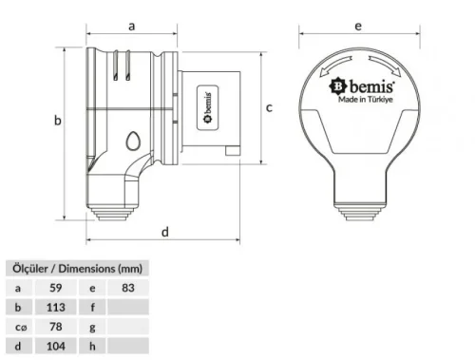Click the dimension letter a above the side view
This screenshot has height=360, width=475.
pos(131,26)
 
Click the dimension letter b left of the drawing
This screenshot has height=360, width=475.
pos(57,121)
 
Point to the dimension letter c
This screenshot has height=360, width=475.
pos(269,107)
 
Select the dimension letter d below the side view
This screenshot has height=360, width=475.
pos(165,231)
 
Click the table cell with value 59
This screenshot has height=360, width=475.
pos(56,286)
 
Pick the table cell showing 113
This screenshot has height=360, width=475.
pos(58,306)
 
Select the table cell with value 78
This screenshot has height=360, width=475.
pos(56,327)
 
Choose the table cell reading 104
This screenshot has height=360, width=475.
pos(58,347)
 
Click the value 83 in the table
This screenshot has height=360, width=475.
pos(129,286)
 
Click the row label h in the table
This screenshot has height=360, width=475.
pos(92,347)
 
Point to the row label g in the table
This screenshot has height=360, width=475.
pos(92,327)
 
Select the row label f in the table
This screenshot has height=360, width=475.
pos(92,306)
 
